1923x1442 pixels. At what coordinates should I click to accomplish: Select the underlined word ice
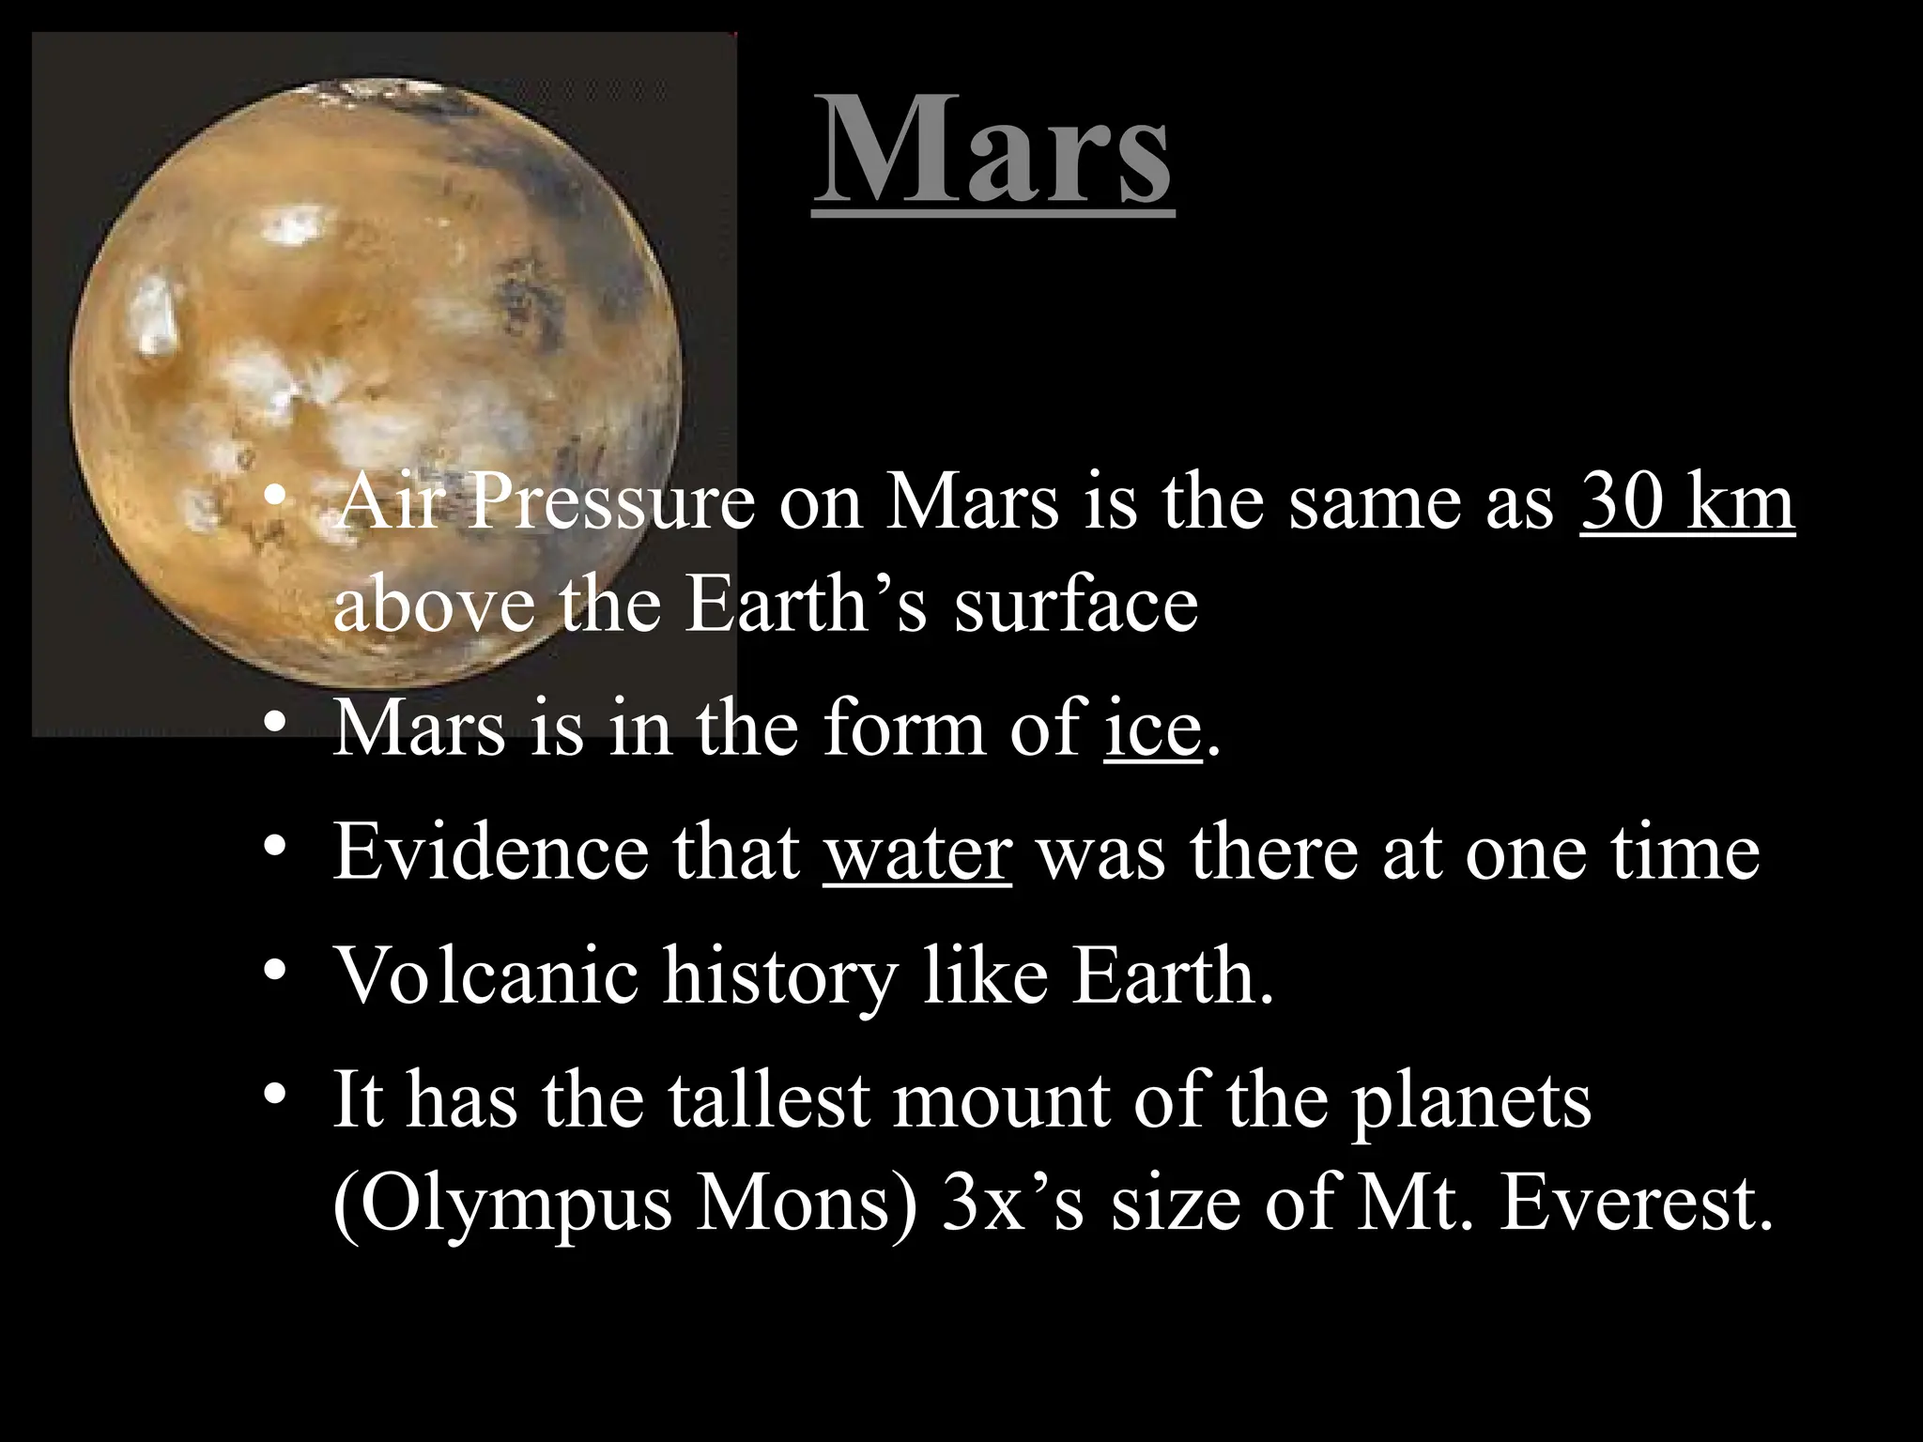click(x=1153, y=729)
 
